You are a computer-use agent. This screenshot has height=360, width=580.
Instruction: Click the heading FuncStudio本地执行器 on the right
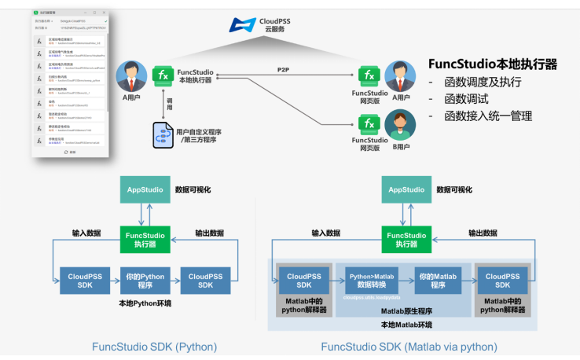493,64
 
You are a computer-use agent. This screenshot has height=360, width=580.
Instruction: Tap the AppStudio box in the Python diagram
145,189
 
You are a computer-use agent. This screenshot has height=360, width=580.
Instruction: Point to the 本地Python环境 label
145,303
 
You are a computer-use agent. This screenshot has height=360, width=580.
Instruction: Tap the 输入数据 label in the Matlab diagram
325,233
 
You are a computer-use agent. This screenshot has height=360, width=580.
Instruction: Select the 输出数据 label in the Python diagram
209,233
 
